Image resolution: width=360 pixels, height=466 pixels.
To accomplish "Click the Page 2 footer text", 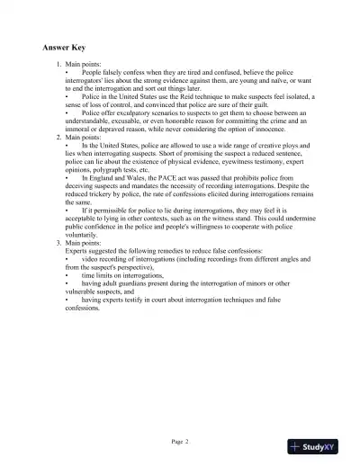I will pyautogui.click(x=179, y=441).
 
